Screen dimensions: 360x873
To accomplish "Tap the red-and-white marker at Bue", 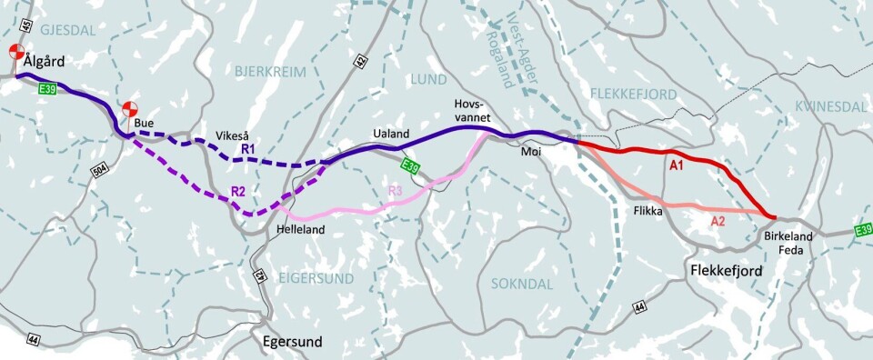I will [131, 107].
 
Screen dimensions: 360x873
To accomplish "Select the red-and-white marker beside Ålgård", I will [15, 52].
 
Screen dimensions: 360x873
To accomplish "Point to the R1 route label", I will [247, 147].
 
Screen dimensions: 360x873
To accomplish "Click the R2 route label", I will [238, 192].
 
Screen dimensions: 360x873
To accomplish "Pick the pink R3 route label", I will [395, 190].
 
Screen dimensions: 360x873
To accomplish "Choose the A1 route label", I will [676, 166].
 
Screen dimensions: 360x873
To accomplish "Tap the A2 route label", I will [717, 220].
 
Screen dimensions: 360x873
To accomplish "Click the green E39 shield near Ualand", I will [410, 165].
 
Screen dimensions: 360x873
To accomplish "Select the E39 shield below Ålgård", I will [48, 88].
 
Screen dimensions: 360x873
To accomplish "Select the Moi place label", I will [531, 152].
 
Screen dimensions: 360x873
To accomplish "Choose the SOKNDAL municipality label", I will [521, 285].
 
